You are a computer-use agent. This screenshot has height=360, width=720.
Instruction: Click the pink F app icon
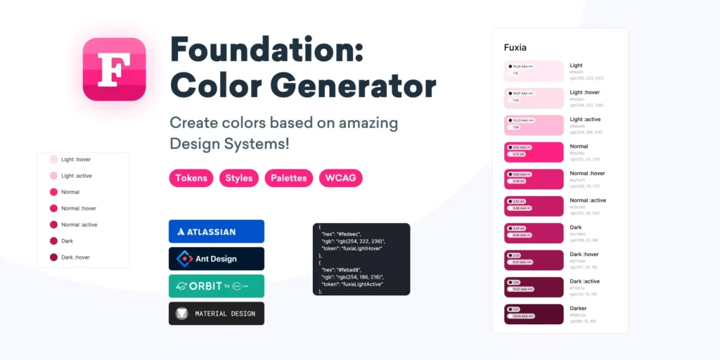point(114,69)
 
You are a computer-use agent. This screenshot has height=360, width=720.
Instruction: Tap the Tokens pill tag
point(191,178)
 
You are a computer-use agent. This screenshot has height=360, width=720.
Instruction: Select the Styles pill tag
point(239,178)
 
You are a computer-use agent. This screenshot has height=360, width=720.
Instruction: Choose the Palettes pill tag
point(289,178)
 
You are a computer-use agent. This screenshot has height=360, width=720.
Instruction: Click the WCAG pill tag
point(340,178)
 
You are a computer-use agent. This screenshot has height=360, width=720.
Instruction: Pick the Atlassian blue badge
point(217,231)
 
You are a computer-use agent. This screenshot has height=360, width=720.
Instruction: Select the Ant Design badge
point(217,259)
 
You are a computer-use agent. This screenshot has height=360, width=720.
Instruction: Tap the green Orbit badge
point(217,286)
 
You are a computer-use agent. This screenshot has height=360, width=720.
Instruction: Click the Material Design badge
point(217,314)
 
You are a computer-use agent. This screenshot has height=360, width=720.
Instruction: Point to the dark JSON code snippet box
point(361,259)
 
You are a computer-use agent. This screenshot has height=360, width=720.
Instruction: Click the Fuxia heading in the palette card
point(515,48)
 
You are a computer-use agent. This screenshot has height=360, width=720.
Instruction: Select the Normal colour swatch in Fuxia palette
point(534,152)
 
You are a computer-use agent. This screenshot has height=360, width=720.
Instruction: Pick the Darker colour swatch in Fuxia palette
point(534,314)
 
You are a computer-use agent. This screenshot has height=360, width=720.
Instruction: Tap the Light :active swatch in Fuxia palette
point(534,125)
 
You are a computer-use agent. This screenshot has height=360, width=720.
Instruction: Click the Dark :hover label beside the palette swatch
point(584,254)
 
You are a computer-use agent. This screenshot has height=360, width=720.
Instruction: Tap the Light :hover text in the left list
point(76,160)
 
